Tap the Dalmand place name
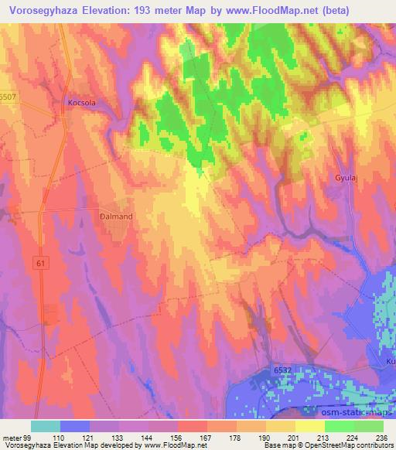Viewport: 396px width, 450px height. [x=117, y=216]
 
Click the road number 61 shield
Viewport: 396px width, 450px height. [x=40, y=263]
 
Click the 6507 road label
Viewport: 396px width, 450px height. [x=9, y=96]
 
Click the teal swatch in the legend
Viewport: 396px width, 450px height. [x=46, y=427]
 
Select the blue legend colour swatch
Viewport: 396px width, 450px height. [x=75, y=427]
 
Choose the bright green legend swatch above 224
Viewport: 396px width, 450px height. [x=340, y=427]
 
